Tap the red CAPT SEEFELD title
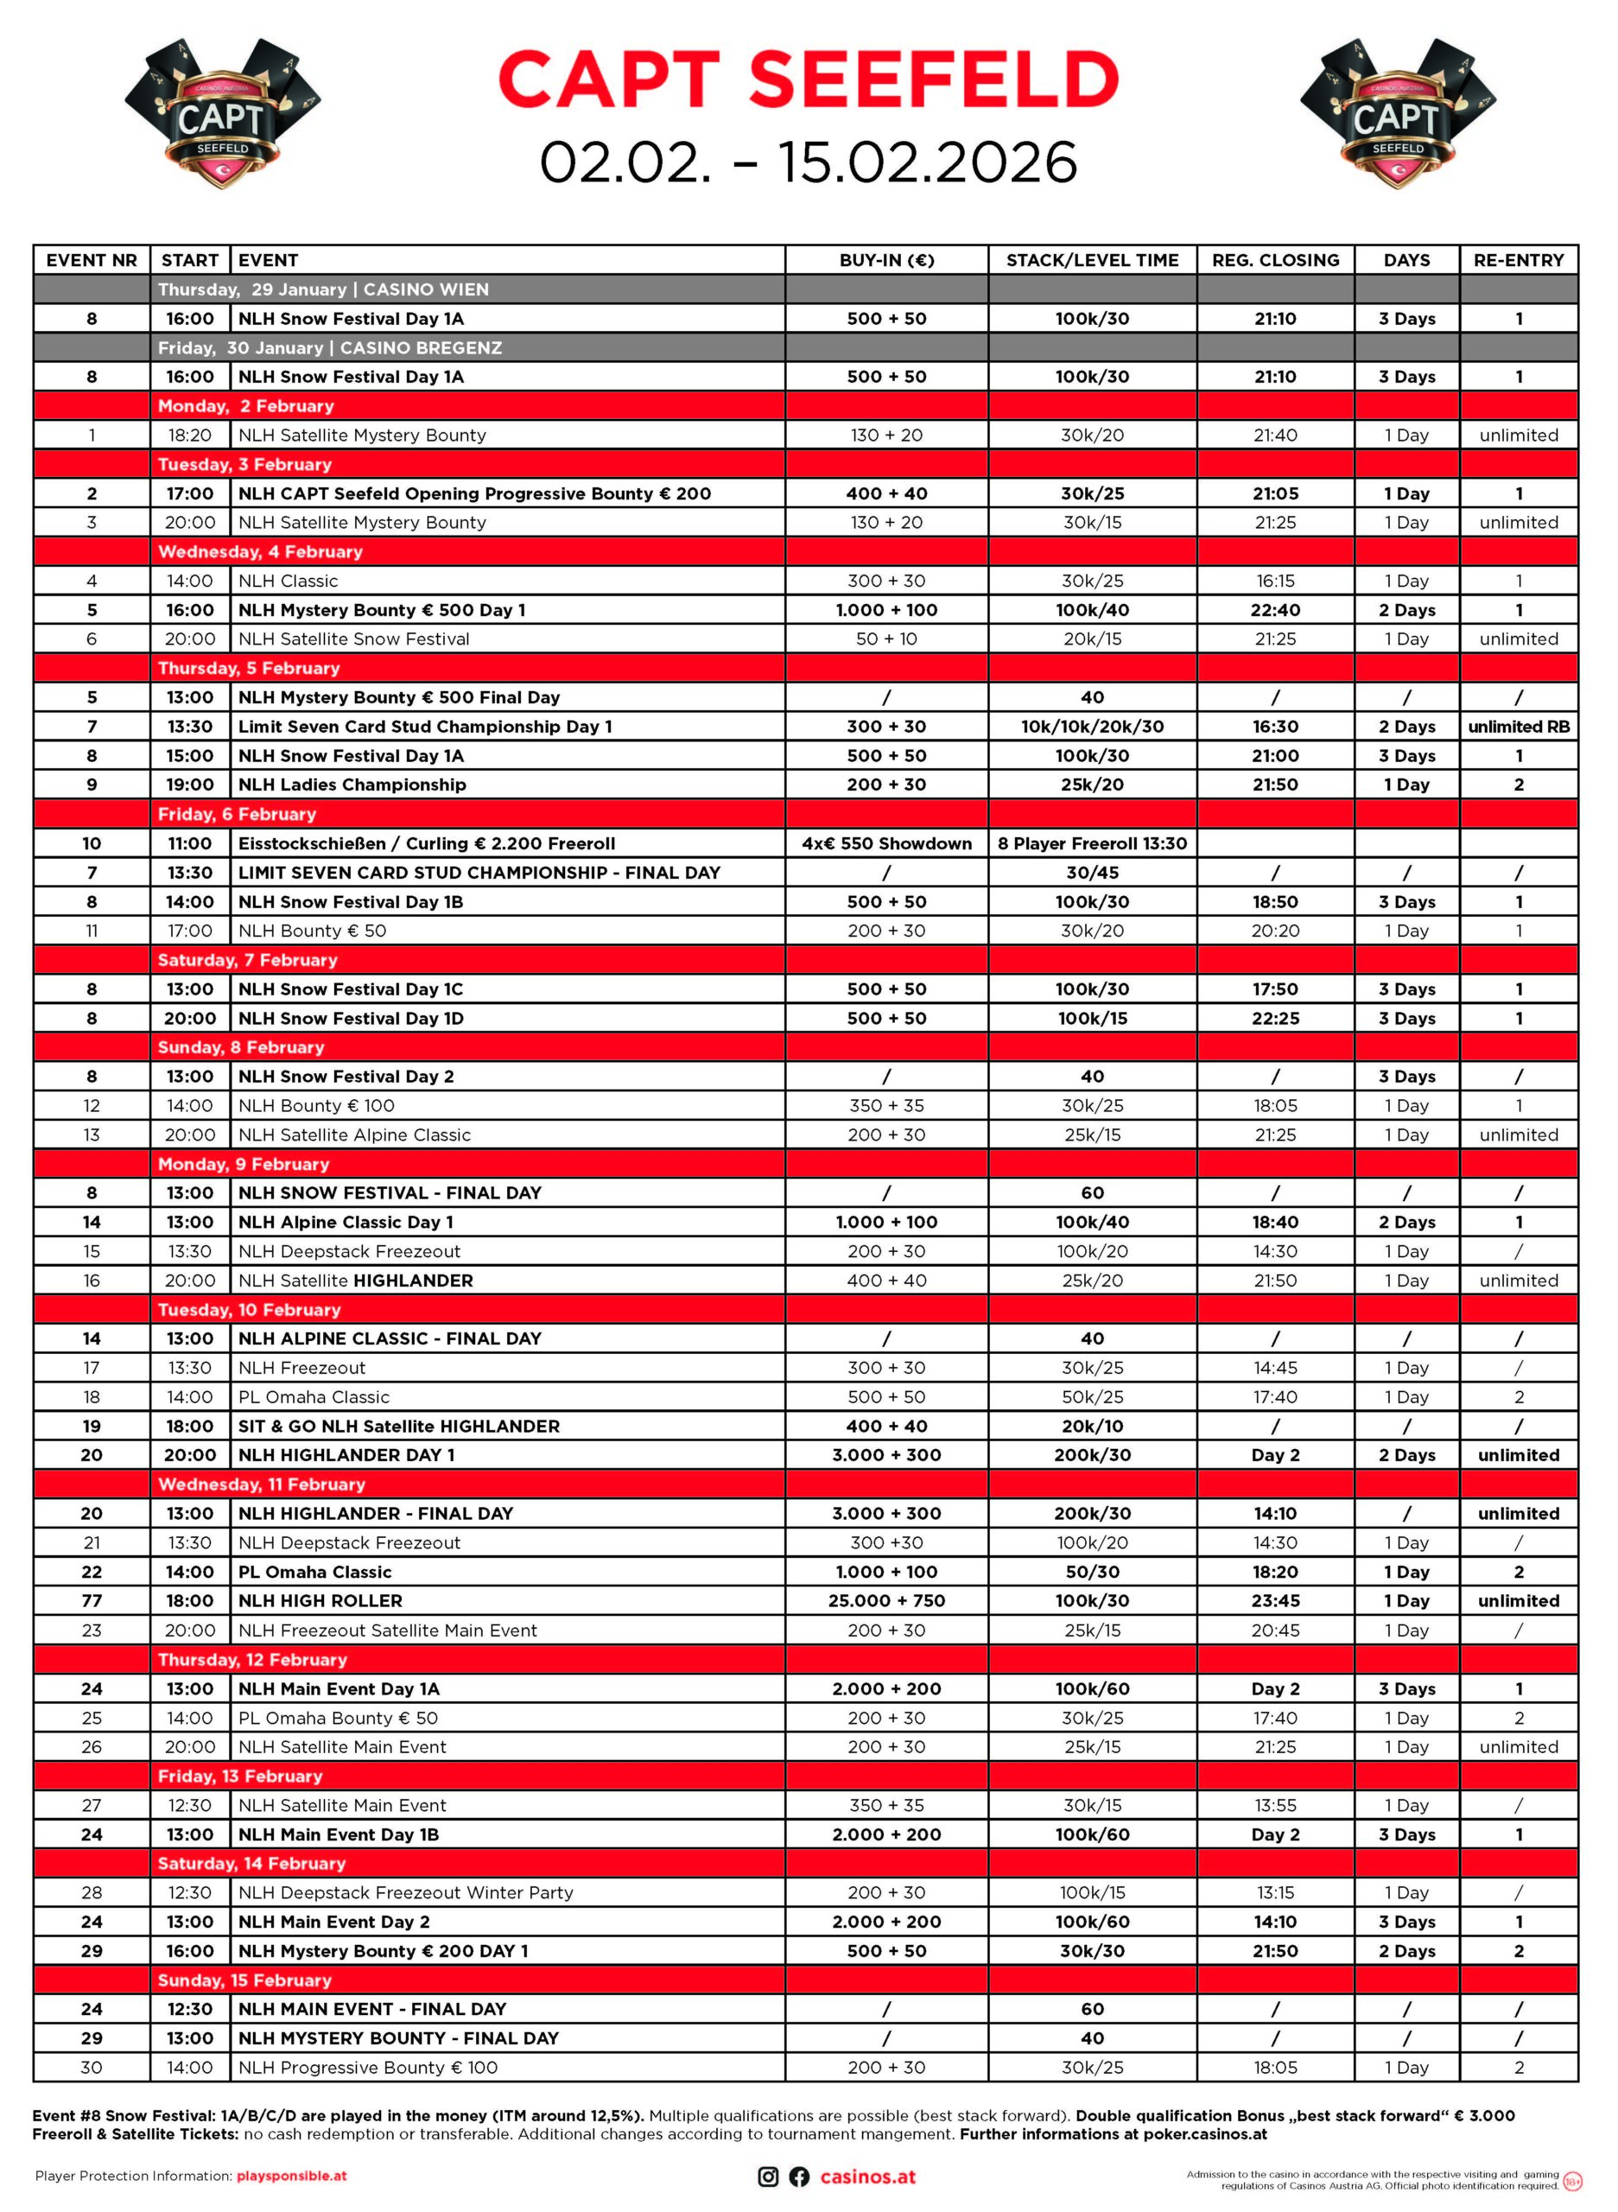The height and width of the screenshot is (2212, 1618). click(x=808, y=79)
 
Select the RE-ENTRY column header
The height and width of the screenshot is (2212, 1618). click(x=1518, y=259)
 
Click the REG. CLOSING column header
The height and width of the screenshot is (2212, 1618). click(x=1275, y=259)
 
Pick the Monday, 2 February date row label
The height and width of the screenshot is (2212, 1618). click(x=246, y=405)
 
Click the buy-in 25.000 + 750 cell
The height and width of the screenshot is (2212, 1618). click(x=886, y=1601)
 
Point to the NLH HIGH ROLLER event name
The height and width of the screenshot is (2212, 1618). click(x=320, y=1601)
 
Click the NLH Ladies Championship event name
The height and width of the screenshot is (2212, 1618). click(x=352, y=785)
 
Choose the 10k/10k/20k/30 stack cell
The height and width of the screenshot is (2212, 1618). click(x=1092, y=727)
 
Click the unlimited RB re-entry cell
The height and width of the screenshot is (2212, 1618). click(x=1518, y=727)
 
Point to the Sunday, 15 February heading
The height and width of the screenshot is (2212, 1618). click(x=244, y=1980)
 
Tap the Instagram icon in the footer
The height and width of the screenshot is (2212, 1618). click(x=769, y=2177)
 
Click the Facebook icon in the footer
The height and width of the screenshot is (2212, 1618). click(x=799, y=2177)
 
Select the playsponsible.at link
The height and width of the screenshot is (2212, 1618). click(x=292, y=2176)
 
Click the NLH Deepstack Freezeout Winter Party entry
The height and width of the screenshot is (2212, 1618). click(x=405, y=1892)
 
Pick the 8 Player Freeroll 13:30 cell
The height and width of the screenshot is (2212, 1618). click(x=1092, y=843)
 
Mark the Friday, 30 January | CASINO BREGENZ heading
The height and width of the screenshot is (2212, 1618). click(x=330, y=347)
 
